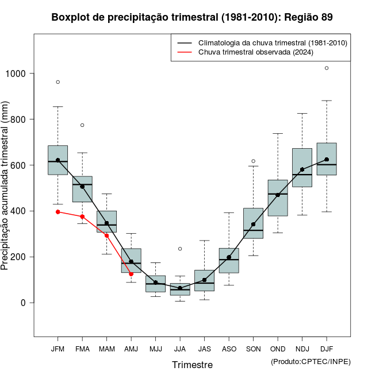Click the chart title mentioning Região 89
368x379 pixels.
click(x=192, y=17)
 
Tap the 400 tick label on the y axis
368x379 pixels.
click(x=19, y=211)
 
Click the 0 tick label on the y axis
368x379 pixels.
click(x=24, y=303)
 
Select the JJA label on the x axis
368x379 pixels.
click(x=180, y=349)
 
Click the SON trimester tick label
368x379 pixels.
click(x=253, y=349)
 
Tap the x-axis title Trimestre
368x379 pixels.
click(x=192, y=365)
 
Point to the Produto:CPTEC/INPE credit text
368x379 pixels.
click(x=310, y=361)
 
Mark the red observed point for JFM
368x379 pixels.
click(x=58, y=212)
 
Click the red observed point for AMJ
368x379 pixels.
click(x=131, y=274)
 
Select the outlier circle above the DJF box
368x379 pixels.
click(x=327, y=68)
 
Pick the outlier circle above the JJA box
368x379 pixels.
click(x=180, y=249)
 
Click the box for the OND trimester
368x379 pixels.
click(x=278, y=198)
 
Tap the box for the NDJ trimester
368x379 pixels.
click(x=302, y=168)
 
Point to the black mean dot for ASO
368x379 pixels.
click(x=229, y=257)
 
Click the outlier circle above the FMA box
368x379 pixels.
click(x=82, y=125)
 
